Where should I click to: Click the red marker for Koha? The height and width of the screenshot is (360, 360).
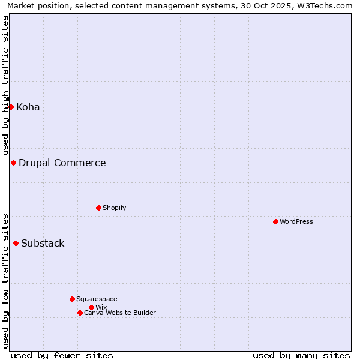coord(11,107)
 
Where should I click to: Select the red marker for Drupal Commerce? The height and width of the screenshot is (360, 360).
coord(13,163)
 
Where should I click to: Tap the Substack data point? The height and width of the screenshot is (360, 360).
coord(16,243)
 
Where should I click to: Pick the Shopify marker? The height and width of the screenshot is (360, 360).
coord(98,208)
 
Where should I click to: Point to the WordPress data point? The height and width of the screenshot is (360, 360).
coord(275,221)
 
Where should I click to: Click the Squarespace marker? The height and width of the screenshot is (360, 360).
coord(72,299)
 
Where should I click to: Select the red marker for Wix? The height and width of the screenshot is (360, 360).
coord(91,307)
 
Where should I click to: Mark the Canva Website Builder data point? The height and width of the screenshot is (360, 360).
coord(80,313)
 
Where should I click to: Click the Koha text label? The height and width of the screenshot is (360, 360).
coord(28,107)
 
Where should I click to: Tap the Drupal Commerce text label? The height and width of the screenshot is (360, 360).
coord(62,163)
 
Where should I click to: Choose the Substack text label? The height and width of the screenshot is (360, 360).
coord(43,244)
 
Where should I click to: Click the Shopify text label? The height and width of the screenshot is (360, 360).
coord(115,208)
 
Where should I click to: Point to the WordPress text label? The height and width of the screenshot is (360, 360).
coord(296,222)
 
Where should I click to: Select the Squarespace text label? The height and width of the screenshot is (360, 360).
coord(97,299)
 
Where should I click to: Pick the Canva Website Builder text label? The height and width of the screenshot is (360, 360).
coord(120,313)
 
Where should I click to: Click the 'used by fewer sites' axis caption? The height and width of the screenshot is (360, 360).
coord(62,355)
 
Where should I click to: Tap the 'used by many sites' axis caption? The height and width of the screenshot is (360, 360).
coord(301,355)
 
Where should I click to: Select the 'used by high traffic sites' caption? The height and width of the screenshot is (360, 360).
coord(6,85)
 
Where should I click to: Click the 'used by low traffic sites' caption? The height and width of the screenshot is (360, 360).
coord(6,280)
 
